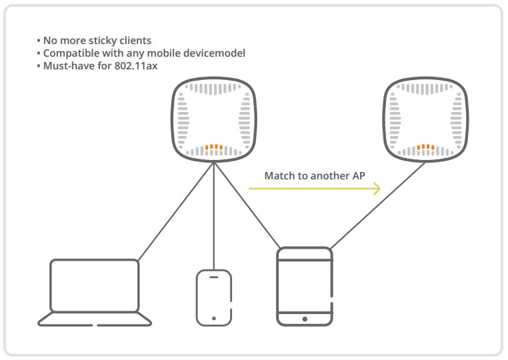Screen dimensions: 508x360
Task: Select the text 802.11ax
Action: click(x=136, y=66)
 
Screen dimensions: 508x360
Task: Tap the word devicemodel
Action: click(x=214, y=53)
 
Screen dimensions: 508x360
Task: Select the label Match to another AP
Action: click(x=315, y=175)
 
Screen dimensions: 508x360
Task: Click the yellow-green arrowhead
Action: click(x=377, y=188)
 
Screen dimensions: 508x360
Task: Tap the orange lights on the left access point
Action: click(x=214, y=147)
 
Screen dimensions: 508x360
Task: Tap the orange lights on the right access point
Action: click(x=426, y=147)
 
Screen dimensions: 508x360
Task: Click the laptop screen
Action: click(x=95, y=285)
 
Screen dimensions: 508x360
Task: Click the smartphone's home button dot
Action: click(x=214, y=319)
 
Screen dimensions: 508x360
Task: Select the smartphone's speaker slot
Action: click(x=214, y=277)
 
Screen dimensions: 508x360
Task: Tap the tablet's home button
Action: click(x=305, y=319)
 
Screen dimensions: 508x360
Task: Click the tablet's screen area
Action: click(x=305, y=287)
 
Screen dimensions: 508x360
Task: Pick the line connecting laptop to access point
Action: click(x=175, y=211)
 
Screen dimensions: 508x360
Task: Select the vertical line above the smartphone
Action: click(x=214, y=215)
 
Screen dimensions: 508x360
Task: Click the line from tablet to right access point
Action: click(x=378, y=205)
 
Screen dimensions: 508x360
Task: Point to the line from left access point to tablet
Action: click(x=247, y=205)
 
